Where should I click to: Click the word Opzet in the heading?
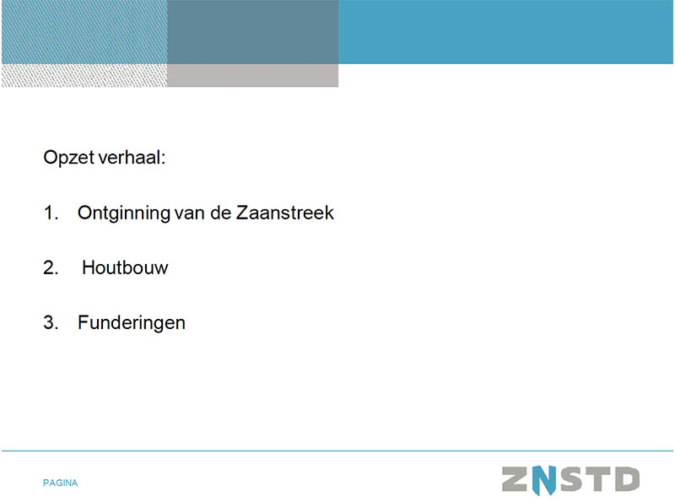(68, 158)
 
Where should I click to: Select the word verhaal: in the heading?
(132, 157)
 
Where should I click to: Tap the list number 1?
(51, 213)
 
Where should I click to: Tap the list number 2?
(51, 267)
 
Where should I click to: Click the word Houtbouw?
(125, 267)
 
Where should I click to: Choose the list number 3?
(51, 322)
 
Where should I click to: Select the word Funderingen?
(132, 323)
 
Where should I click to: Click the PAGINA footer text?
(60, 483)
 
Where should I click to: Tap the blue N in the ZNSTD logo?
(544, 479)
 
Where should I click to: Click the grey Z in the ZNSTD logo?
(515, 479)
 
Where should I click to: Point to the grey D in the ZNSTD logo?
(627, 479)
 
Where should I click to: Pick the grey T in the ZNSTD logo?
(599, 479)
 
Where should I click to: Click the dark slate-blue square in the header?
(252, 32)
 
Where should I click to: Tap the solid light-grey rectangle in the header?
(252, 75)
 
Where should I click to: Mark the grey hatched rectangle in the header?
(84, 75)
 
